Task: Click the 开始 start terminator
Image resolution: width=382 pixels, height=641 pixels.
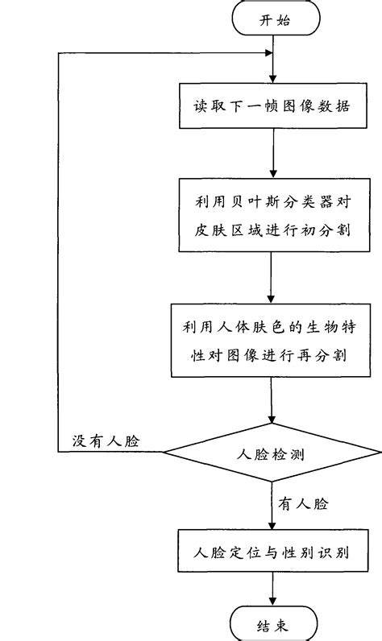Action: coord(272,19)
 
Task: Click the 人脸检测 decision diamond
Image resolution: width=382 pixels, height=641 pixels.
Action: coord(272,453)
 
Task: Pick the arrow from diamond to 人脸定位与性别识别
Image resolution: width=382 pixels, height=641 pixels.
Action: coord(272,507)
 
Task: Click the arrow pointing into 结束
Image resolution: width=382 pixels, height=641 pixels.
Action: coord(272,591)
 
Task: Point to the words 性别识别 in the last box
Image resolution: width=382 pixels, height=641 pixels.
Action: coord(319,554)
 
